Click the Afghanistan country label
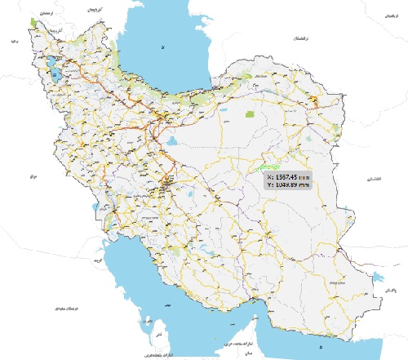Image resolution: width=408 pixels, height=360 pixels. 374,177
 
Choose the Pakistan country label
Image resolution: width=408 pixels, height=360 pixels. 391,291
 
